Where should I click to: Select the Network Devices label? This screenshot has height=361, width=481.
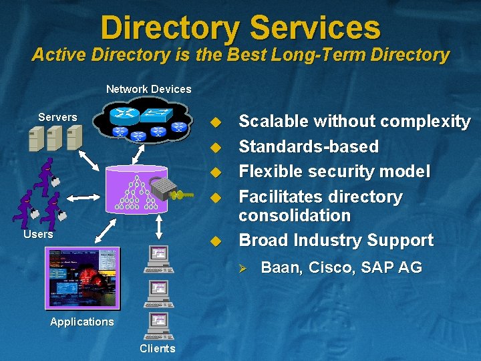point(148,89)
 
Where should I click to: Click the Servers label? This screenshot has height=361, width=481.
point(57,117)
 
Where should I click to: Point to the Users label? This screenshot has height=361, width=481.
point(38,235)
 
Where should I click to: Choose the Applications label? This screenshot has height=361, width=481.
point(82,322)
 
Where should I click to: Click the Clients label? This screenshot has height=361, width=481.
point(157,348)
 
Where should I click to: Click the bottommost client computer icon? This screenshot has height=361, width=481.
point(158,326)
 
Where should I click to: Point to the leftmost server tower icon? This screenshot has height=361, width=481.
point(37,138)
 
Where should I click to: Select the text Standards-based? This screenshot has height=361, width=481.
point(308,146)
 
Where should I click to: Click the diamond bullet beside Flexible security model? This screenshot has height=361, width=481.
point(214,172)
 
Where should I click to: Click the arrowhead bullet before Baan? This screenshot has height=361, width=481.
point(244,268)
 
